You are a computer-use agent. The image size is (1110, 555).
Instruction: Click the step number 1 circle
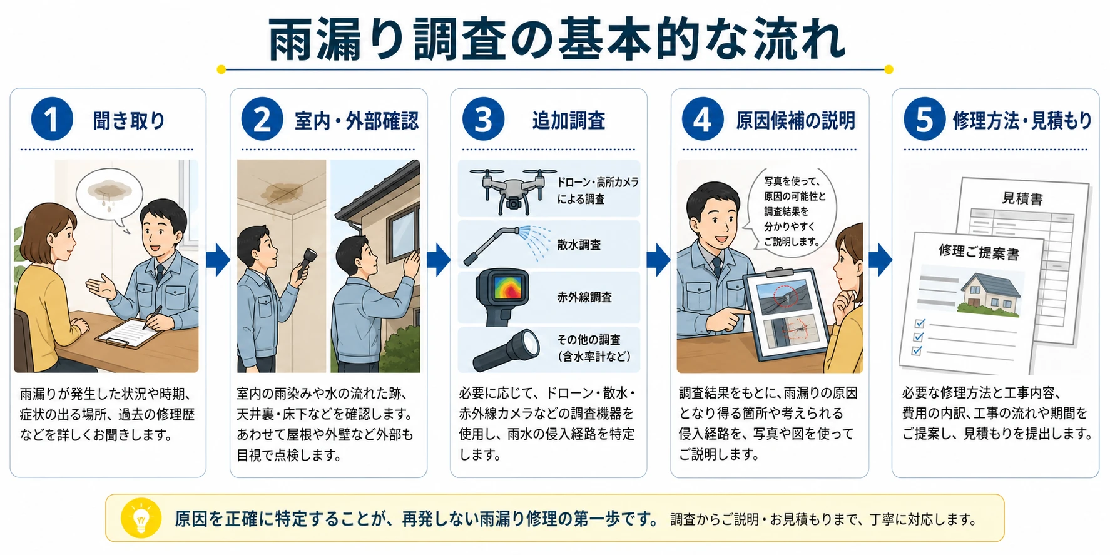[x=52, y=120]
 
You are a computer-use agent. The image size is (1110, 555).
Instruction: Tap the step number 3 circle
[x=483, y=120]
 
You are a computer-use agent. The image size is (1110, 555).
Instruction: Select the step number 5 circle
[x=924, y=120]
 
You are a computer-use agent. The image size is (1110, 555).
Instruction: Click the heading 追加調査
[x=569, y=120]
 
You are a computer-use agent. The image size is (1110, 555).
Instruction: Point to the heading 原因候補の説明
[x=795, y=120]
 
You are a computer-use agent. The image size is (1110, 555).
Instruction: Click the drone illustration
[x=512, y=190]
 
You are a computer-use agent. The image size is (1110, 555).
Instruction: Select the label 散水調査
[x=579, y=245]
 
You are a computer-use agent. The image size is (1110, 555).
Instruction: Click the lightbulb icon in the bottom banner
[x=141, y=519]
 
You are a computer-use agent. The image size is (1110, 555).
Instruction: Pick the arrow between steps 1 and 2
[x=218, y=259]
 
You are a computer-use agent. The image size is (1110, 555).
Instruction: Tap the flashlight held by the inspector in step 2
[x=305, y=263]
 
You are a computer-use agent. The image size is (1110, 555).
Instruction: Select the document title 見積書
[x=1022, y=199]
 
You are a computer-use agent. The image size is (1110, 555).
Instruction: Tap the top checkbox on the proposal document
[x=920, y=323]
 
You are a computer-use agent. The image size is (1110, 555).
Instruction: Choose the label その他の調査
[x=589, y=340]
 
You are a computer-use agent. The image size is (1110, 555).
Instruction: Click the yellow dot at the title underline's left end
[x=221, y=69]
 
